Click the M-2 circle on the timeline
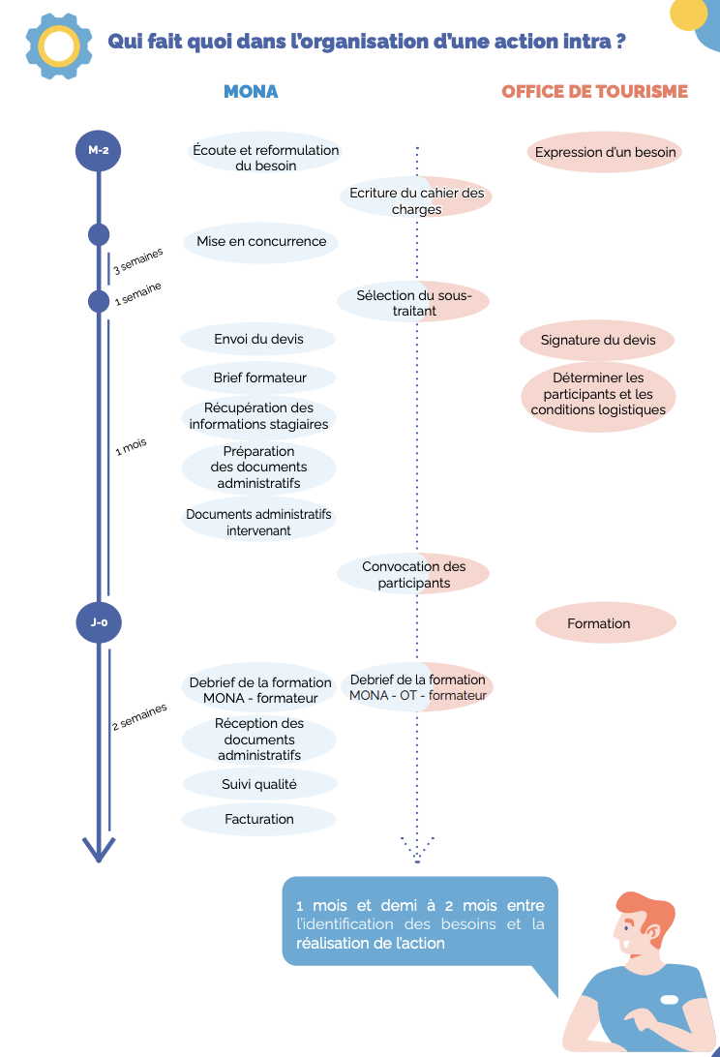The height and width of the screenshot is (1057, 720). tap(99, 150)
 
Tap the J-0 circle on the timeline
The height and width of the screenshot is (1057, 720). tap(99, 622)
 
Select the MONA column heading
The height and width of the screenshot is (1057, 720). tap(251, 92)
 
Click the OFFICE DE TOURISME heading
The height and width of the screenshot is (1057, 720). tap(594, 92)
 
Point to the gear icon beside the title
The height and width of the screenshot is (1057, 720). tap(59, 45)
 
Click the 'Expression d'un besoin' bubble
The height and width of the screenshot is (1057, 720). tap(605, 152)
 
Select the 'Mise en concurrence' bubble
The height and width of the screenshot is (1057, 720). tap(261, 241)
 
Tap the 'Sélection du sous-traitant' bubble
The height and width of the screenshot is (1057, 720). tap(413, 303)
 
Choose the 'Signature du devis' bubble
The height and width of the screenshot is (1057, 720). tap(597, 340)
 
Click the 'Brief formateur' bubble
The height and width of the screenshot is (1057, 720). tap(259, 377)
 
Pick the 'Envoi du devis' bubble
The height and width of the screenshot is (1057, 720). tap(258, 339)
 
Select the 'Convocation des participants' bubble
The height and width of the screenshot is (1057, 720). tap(413, 574)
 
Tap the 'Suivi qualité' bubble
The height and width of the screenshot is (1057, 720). tap(259, 784)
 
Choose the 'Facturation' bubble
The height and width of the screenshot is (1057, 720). tap(259, 819)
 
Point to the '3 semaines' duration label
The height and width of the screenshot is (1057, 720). tap(138, 261)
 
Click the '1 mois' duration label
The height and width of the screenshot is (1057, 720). tap(131, 447)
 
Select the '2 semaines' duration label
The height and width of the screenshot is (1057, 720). tap(139, 716)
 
